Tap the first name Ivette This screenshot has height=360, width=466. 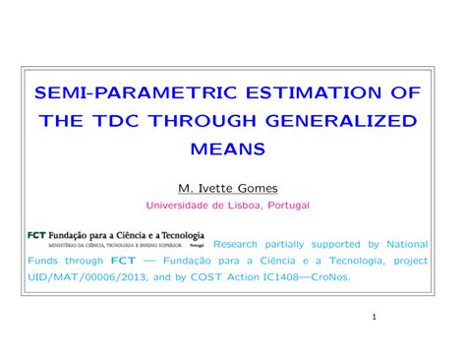coord(217,187)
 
